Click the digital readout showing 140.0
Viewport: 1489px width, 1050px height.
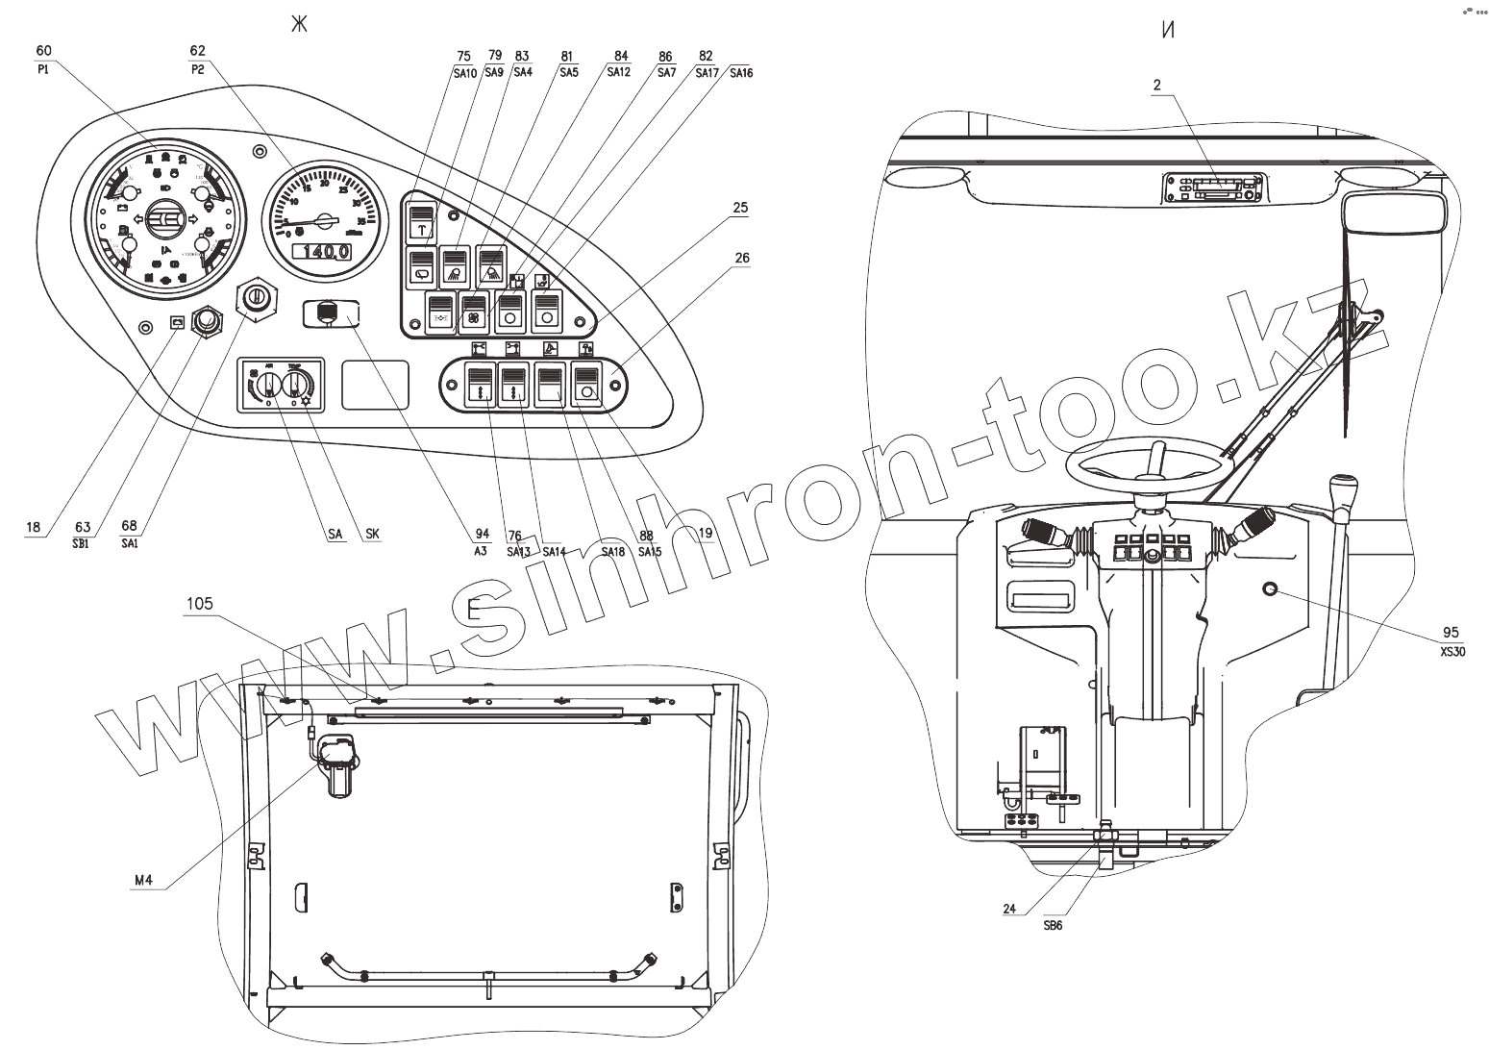[322, 252]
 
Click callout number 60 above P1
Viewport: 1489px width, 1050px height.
[44, 50]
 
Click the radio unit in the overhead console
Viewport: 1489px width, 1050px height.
[1213, 187]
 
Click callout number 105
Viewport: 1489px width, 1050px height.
[200, 604]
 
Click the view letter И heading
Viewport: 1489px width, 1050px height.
[1168, 30]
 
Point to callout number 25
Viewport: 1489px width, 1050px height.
[739, 208]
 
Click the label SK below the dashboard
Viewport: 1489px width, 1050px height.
[371, 534]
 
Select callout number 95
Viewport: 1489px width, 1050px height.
[1451, 632]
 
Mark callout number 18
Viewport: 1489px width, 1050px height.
[34, 527]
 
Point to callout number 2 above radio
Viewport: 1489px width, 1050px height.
[1157, 85]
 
